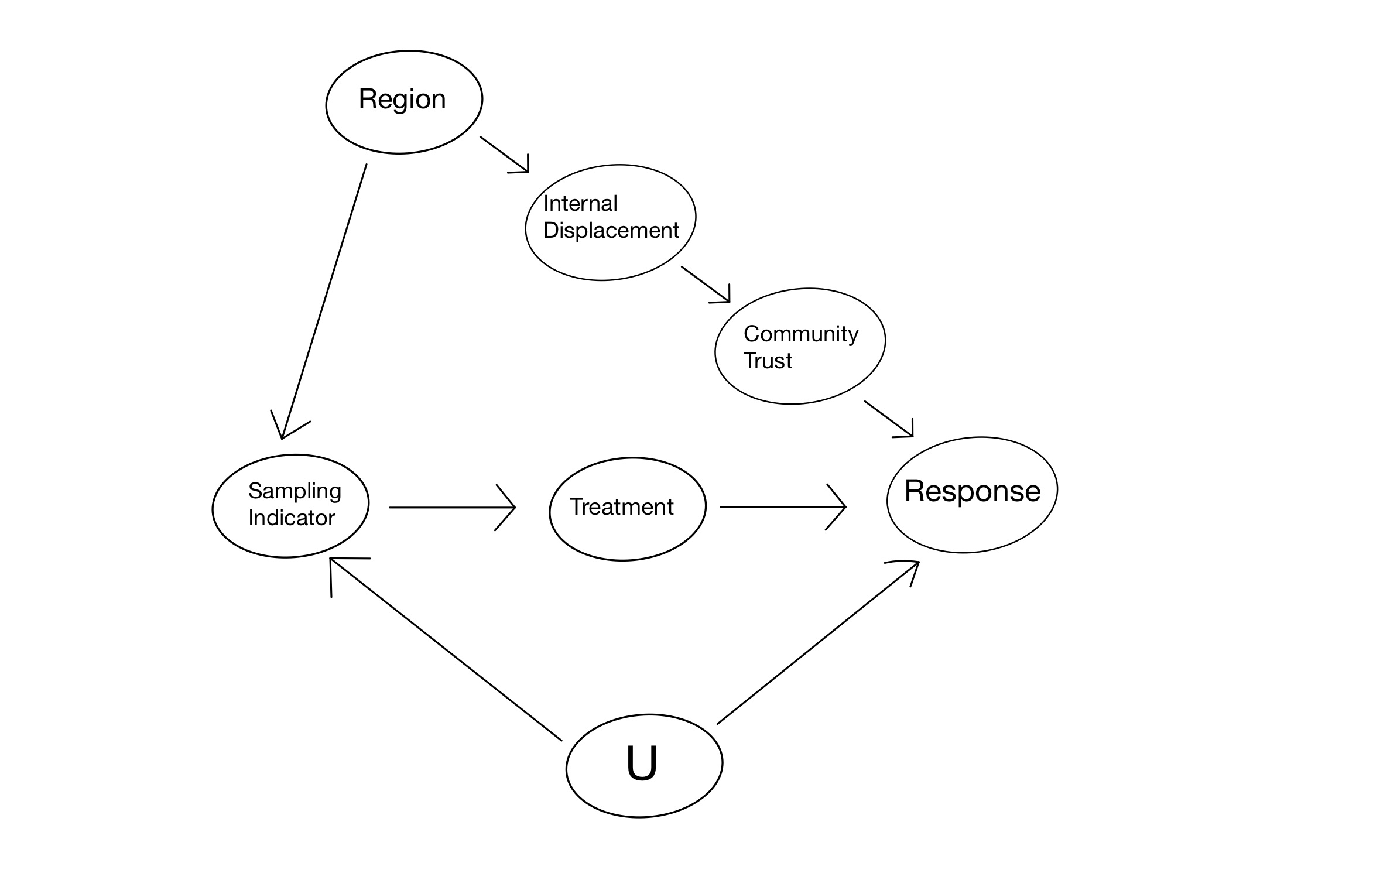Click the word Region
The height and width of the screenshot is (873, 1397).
[x=402, y=100]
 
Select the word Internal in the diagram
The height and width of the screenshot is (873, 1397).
[x=580, y=204]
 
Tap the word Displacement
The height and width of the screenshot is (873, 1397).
[x=611, y=230]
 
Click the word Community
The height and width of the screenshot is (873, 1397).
[x=800, y=334]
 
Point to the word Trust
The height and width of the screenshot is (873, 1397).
[x=767, y=361]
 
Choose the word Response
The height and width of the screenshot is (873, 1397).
[x=972, y=491]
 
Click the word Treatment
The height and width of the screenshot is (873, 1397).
[x=621, y=506]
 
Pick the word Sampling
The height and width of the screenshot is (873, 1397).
[x=295, y=491]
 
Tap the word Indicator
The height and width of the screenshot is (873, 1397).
[x=292, y=518]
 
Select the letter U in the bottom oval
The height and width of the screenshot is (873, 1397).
[x=642, y=762]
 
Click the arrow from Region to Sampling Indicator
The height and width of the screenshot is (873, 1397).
[x=324, y=302]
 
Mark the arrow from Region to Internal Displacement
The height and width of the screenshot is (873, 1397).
[x=504, y=154]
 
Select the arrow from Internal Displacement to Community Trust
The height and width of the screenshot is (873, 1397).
[x=705, y=284]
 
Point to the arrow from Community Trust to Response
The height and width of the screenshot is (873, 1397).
[x=888, y=419]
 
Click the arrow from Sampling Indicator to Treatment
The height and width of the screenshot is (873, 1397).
[x=451, y=508]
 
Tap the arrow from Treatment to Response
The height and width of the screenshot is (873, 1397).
[x=782, y=507]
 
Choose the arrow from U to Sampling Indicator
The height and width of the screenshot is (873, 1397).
[x=445, y=649]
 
